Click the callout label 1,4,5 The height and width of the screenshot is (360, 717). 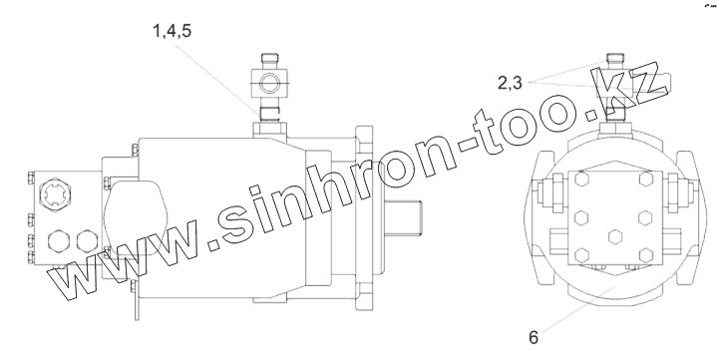click(172, 31)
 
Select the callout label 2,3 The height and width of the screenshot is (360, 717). click(510, 83)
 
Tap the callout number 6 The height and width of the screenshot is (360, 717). click(534, 338)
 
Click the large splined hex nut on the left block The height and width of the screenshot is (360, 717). click(56, 195)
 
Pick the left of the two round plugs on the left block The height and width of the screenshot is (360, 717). click(61, 241)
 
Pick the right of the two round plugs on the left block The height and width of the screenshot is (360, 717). click(88, 241)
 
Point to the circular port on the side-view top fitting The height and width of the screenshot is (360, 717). click(269, 83)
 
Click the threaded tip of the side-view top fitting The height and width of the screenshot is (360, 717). click(269, 59)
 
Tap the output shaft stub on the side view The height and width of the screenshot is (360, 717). click(403, 218)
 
